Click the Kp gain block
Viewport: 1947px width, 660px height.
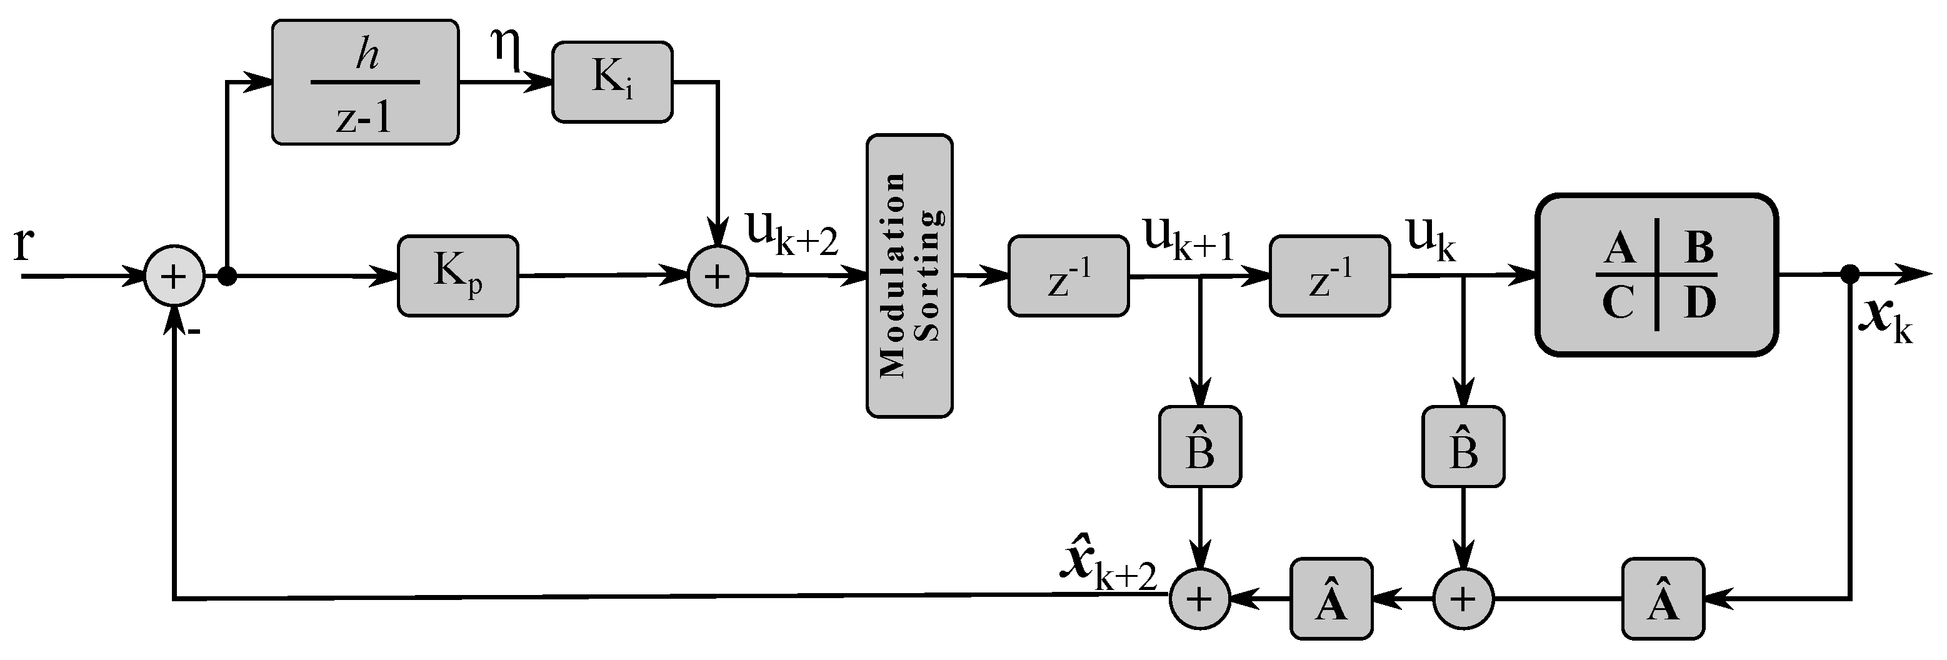coord(458,276)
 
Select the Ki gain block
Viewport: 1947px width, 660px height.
coord(612,82)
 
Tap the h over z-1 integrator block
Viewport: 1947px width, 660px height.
coord(365,82)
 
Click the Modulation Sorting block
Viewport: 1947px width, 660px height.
coord(909,276)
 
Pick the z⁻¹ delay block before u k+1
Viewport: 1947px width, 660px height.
coord(1068,276)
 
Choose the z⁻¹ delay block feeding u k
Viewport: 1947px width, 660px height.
coord(1329,276)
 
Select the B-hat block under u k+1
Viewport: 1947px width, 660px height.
coord(1199,447)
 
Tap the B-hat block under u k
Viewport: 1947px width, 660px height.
coord(1463,447)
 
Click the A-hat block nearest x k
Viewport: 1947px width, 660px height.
coord(1663,599)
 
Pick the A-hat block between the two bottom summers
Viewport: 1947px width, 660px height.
coord(1330,599)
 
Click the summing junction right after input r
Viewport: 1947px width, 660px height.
coord(174,276)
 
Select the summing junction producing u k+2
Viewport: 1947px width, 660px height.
coord(718,276)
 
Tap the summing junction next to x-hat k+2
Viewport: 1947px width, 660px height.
coord(1199,599)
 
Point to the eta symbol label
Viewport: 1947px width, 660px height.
coord(506,49)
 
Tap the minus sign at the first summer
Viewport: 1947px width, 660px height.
coord(194,331)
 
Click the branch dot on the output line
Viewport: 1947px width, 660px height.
coord(1849,274)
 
